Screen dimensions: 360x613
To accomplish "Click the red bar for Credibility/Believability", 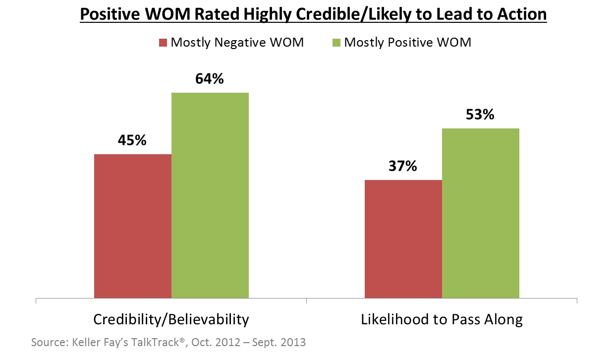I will (x=133, y=226).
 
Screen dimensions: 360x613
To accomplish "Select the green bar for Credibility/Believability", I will (x=210, y=195).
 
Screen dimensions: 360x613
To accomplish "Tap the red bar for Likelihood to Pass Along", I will (x=403, y=239).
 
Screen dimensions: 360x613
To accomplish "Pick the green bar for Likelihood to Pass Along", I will (x=481, y=213).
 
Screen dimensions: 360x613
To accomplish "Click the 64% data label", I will (x=210, y=78).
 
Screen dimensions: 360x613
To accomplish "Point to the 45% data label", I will (x=132, y=140).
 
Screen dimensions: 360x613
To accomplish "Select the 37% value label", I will (x=402, y=166).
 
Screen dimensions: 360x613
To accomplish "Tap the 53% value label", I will (x=480, y=115).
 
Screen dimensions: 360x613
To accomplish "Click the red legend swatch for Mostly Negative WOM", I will (x=163, y=43).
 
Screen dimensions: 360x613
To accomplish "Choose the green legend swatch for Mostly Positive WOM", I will (x=336, y=43).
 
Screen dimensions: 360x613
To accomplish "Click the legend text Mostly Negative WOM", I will (x=237, y=43).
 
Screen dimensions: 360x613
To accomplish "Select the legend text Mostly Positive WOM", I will (x=407, y=43).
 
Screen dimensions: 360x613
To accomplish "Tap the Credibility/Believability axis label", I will (x=171, y=319).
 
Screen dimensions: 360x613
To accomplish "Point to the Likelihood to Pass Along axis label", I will (x=442, y=319).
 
